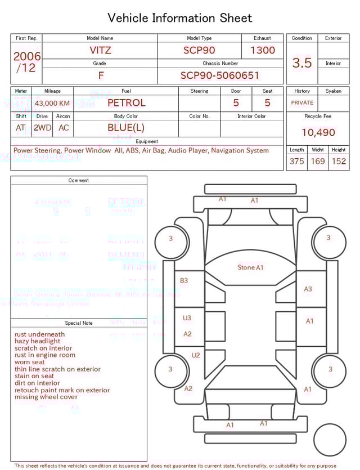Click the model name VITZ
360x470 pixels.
101,50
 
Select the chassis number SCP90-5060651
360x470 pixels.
220,75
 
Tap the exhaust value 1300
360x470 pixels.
263,50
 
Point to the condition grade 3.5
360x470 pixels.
302,63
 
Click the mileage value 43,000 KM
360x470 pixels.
52,104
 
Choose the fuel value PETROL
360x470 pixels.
126,103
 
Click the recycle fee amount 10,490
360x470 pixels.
318,133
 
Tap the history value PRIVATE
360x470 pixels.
302,103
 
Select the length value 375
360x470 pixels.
297,162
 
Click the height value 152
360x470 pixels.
339,162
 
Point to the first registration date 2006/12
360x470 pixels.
26,62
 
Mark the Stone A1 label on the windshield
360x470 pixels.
250,267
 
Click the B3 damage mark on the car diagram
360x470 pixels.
184,280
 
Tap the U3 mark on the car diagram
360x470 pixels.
187,318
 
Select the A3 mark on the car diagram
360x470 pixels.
308,289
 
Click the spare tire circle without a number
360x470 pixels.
330,440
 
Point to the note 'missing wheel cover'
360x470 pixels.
46,397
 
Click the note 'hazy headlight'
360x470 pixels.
38,341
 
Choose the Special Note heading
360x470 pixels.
79,323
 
